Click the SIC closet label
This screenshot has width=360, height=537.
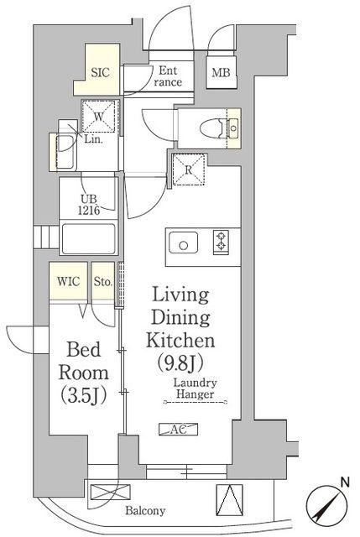coord(101,72)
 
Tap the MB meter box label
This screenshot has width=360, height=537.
coord(221,73)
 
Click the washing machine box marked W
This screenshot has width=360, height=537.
coord(99,117)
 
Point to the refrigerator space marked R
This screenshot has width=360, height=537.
coord(189,169)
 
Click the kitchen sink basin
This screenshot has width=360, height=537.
coord(184,242)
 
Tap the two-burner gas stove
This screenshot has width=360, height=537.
coord(222,242)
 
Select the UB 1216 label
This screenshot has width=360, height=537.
coord(89,205)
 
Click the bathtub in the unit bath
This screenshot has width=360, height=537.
coord(89,238)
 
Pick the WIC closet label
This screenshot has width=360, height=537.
coord(69,282)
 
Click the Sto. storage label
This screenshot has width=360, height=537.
coord(103,282)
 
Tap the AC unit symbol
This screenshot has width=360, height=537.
coord(179,430)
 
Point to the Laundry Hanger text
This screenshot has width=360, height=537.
coord(195,388)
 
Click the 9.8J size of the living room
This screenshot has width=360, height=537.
coord(180,362)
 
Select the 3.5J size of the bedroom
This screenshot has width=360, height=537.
coord(84,395)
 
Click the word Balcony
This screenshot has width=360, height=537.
coord(145,511)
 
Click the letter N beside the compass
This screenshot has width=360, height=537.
coord(345,482)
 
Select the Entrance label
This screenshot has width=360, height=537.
coord(168,76)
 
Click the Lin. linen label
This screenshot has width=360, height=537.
coord(93,140)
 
